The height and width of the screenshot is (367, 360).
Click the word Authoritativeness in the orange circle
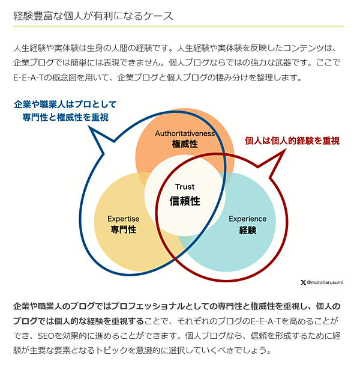[x=185, y=133]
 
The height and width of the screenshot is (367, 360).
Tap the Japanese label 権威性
[x=184, y=144]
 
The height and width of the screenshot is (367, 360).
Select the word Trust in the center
[x=185, y=187]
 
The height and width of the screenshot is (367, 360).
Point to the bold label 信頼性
[x=185, y=201]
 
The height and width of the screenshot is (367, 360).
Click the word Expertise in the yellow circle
[x=124, y=219]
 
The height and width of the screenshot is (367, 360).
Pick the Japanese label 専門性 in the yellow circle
[x=124, y=230]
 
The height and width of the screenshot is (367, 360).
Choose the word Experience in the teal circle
[x=248, y=219]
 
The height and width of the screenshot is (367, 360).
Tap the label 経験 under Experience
[x=248, y=230]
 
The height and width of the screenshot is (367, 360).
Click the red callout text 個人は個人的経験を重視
[x=292, y=141]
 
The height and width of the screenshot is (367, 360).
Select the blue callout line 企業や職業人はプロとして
[x=65, y=105]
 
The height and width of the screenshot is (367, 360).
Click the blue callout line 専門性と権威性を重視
[x=66, y=117]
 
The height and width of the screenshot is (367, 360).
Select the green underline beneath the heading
[x=178, y=26]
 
